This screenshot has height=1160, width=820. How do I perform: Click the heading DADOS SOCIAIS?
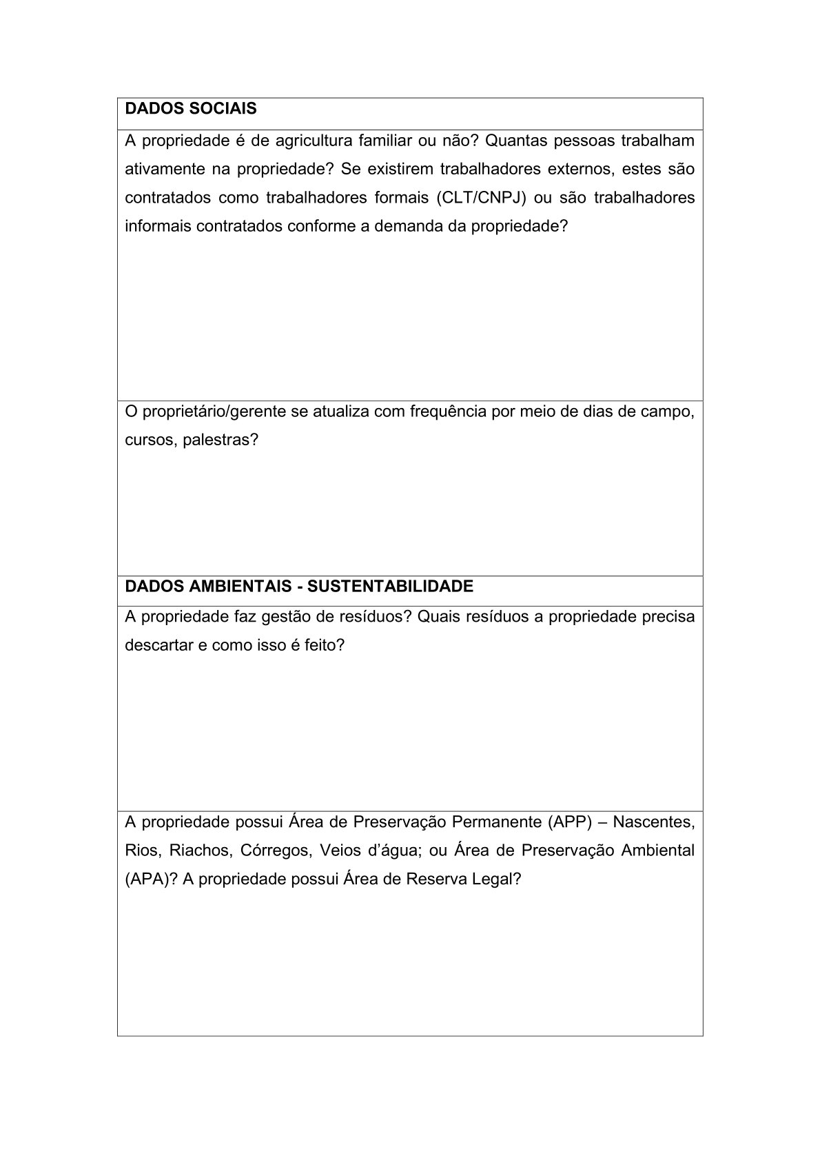coord(190,109)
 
